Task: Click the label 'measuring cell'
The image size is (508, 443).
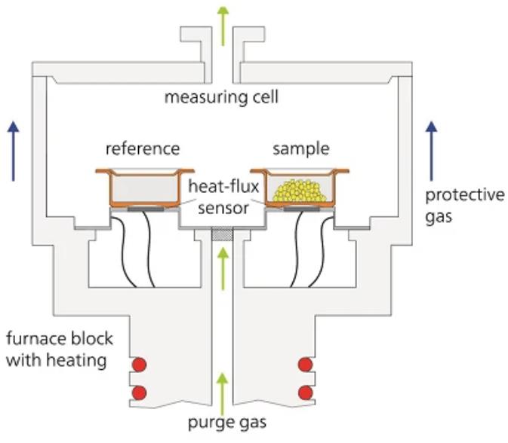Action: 222,97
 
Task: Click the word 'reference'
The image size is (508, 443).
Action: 142,148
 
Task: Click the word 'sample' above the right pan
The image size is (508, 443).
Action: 297,148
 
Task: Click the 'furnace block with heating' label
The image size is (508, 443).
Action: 57,349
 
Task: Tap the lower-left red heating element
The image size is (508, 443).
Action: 138,393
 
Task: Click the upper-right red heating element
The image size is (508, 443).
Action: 306,365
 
